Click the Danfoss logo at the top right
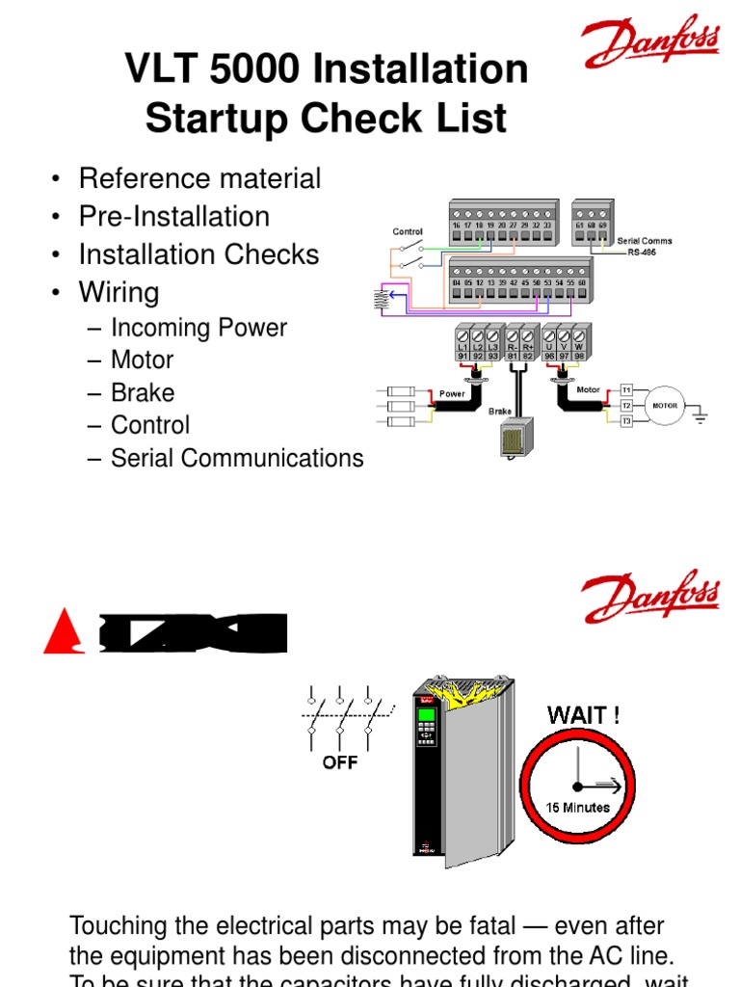651,45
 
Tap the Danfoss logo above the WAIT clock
651,598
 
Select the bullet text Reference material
199,178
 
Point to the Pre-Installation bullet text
173,217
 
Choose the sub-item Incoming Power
198,328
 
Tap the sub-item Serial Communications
237,458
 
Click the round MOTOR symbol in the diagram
665,406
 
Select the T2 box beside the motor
625,406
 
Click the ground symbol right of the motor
700,417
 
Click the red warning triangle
66,632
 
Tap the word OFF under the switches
340,762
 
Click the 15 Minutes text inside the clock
578,807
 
